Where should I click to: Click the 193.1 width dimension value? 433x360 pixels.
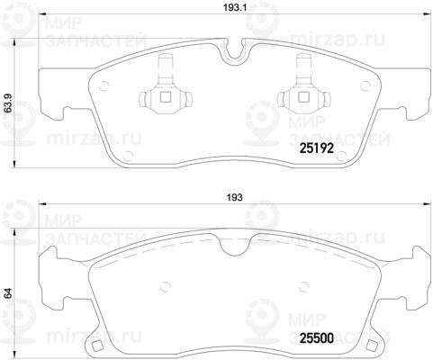pos(235,8)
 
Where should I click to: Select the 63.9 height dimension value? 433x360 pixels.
pos(8,103)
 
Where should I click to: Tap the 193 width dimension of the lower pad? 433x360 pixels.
pos(234,197)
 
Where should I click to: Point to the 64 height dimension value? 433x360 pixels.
pos(8,292)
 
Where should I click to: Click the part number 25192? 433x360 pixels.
pos(317,148)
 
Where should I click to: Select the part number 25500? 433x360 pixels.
pos(317,338)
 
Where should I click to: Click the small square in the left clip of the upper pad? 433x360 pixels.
pos(166,96)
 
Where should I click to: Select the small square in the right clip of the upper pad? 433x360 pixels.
pos(303,96)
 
